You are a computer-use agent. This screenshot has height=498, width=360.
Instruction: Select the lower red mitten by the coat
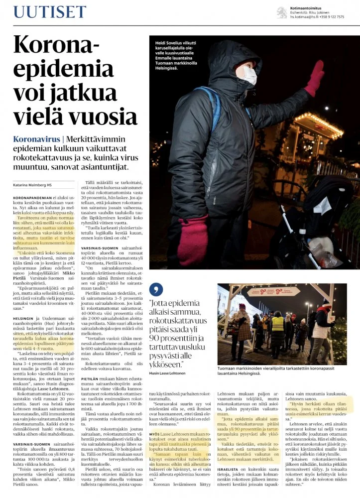192,240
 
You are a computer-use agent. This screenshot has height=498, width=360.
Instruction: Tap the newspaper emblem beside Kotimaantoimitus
281,11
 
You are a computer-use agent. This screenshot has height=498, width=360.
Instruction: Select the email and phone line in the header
317,16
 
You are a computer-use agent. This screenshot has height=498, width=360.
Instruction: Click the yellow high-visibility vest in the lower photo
277,324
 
